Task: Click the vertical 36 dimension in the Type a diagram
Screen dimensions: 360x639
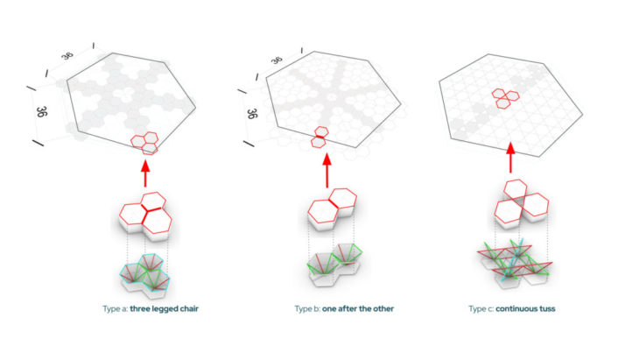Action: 41,113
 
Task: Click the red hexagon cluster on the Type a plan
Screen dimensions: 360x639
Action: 144,140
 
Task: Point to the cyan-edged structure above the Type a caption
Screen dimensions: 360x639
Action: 148,274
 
